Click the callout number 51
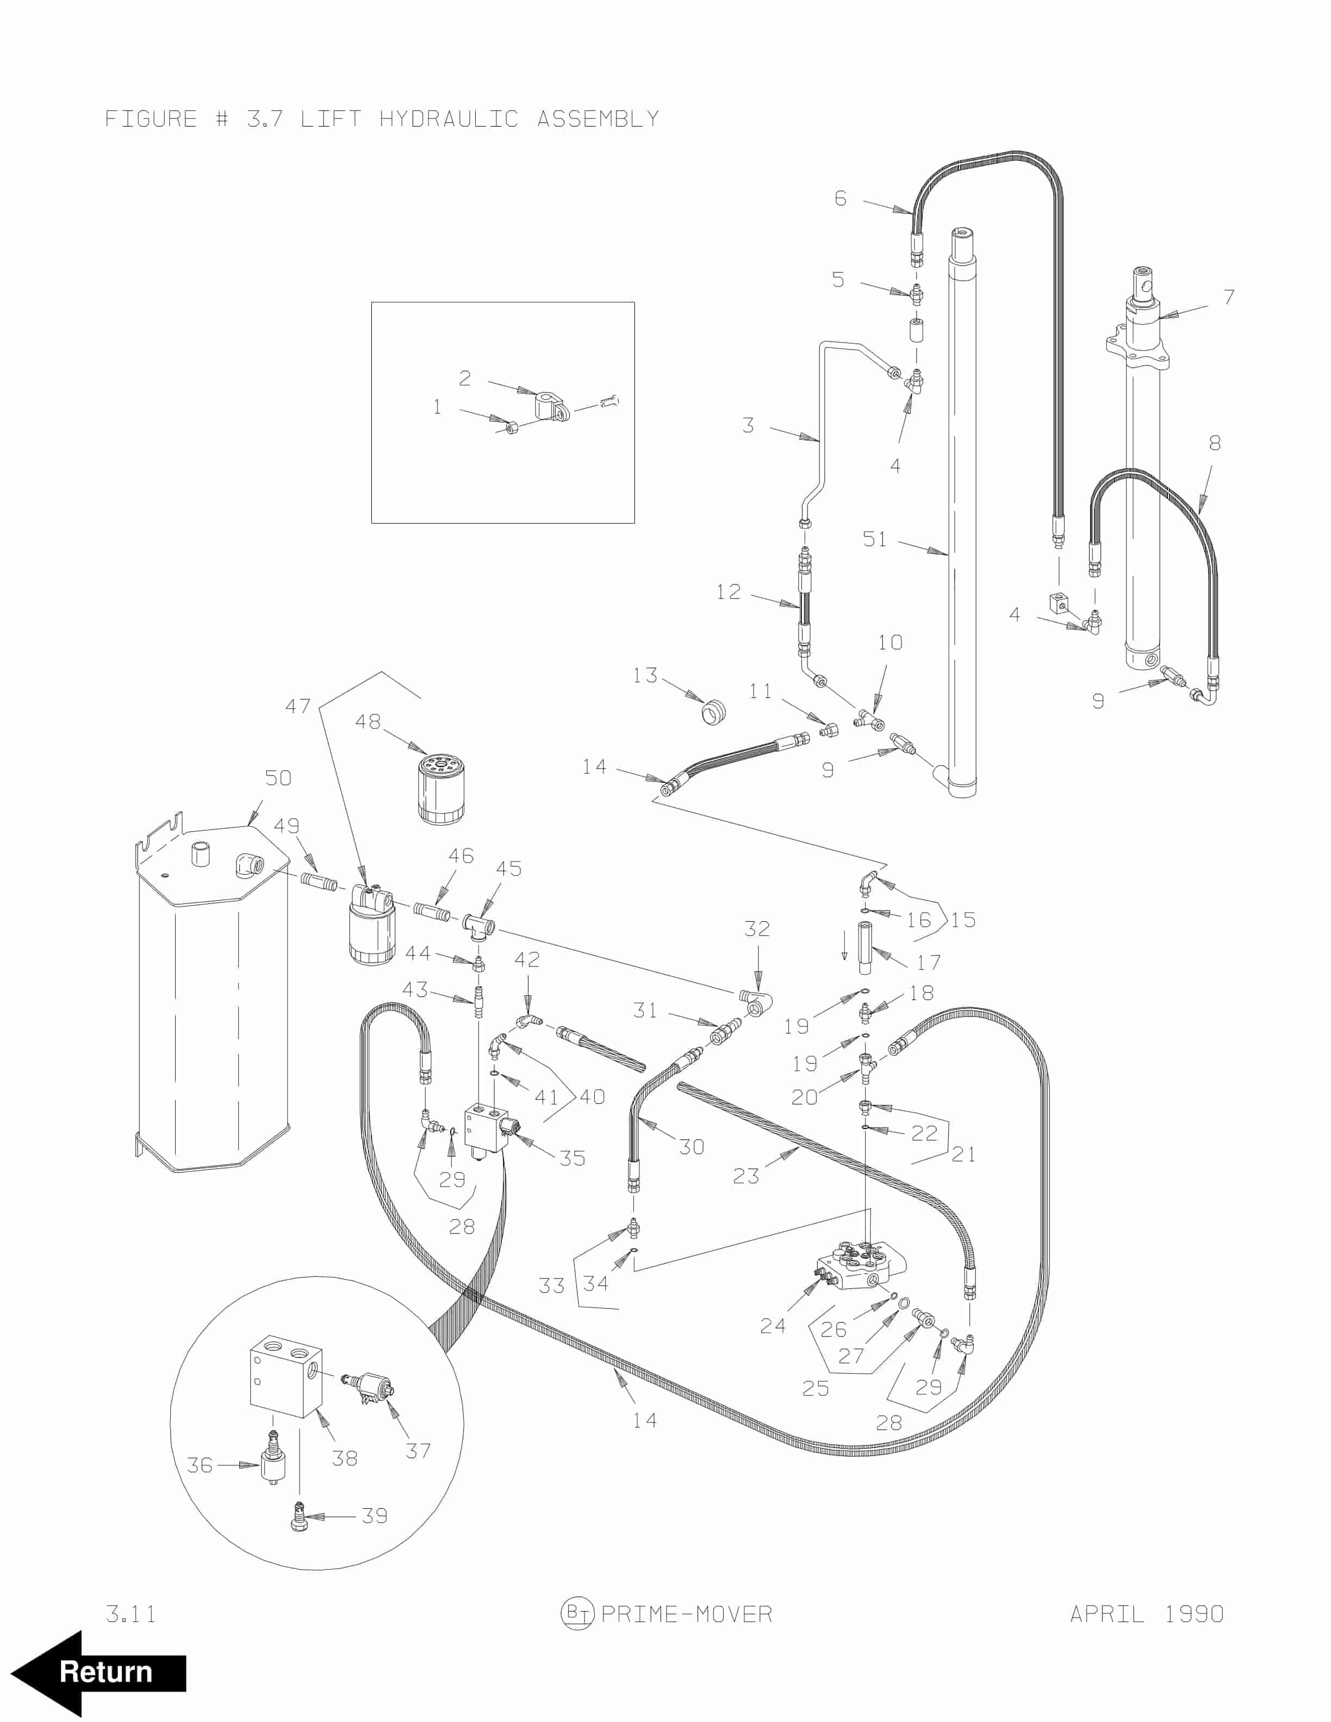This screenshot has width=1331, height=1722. [874, 539]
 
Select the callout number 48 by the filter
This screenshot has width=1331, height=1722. [368, 721]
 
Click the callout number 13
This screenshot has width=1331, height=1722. [645, 675]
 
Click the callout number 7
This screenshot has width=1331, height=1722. [1228, 297]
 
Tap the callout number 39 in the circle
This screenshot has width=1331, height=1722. [375, 1515]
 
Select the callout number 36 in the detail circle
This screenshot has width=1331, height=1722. [200, 1465]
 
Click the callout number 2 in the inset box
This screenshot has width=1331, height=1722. [465, 378]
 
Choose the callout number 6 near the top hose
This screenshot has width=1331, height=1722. [841, 198]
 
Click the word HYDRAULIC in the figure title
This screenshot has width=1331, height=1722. [449, 119]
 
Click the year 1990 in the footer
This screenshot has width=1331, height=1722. [1194, 1613]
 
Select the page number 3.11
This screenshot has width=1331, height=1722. [131, 1614]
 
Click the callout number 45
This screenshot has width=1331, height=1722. [508, 869]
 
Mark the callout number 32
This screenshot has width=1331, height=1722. [757, 929]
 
